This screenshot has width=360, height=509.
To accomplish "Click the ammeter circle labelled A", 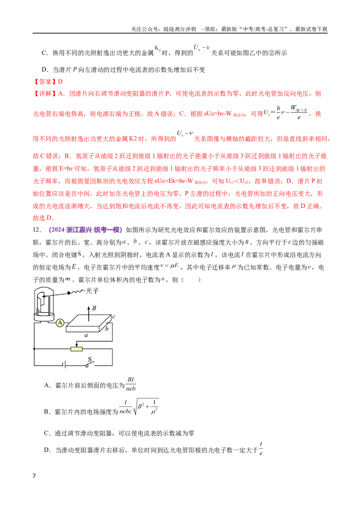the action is click(x=60, y=323).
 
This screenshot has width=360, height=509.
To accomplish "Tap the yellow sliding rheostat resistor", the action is click(x=76, y=349).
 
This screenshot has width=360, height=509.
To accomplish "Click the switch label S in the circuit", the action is click(x=90, y=359).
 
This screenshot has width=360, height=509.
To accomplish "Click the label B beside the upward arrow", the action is click(x=94, y=308).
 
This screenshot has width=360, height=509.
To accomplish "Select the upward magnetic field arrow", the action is click(x=89, y=312).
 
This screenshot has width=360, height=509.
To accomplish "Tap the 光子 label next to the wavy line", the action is click(x=92, y=291).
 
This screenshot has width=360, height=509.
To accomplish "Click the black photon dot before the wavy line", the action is click(x=68, y=293).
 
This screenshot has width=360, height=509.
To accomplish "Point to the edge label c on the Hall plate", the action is click(x=114, y=317).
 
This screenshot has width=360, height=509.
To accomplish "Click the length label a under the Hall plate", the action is click(x=86, y=335).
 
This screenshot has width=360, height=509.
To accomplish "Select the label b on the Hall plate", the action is click(x=107, y=329).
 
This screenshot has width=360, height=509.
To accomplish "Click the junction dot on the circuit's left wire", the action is click(x=35, y=349).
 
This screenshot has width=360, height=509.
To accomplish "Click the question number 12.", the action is click(x=37, y=230).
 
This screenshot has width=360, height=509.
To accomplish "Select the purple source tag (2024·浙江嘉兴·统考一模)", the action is click(x=85, y=230).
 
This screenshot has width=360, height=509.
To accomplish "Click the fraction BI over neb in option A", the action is click(x=131, y=384).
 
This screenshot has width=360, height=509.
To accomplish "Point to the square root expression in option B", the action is click(x=146, y=407).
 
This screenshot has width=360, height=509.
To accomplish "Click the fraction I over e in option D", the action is click(x=261, y=448).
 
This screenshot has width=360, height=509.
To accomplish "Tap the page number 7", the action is click(x=34, y=476).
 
